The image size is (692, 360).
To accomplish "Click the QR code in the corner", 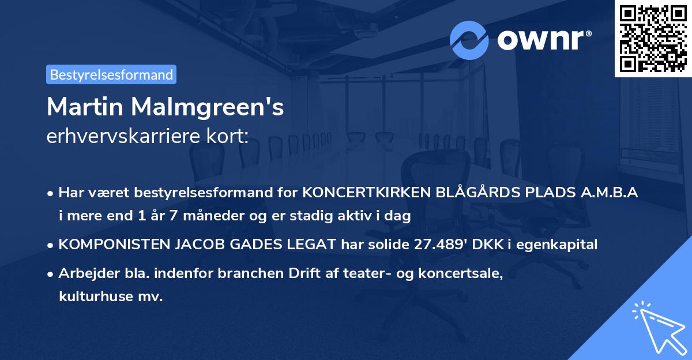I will click(x=653, y=38).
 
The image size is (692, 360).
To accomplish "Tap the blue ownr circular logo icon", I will click(x=469, y=40).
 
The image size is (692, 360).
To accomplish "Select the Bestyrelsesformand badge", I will click(x=111, y=74).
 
